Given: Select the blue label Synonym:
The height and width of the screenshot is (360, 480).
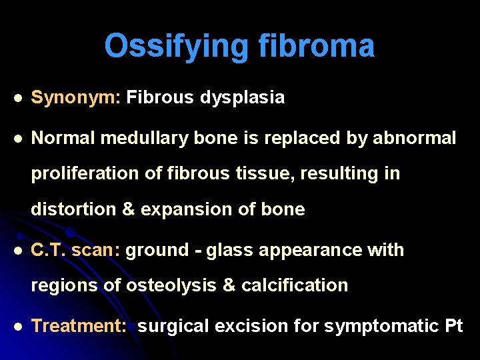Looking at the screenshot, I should point(75,98).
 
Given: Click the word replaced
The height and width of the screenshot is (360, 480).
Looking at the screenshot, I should point(295,138).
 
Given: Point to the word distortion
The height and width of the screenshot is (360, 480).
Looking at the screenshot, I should point(74,209).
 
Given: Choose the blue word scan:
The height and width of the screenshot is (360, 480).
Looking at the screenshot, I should point(97,251).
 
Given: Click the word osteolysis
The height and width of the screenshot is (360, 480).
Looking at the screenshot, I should point(168,285).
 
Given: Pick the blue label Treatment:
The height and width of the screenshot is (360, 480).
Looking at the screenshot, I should point(81,326).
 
